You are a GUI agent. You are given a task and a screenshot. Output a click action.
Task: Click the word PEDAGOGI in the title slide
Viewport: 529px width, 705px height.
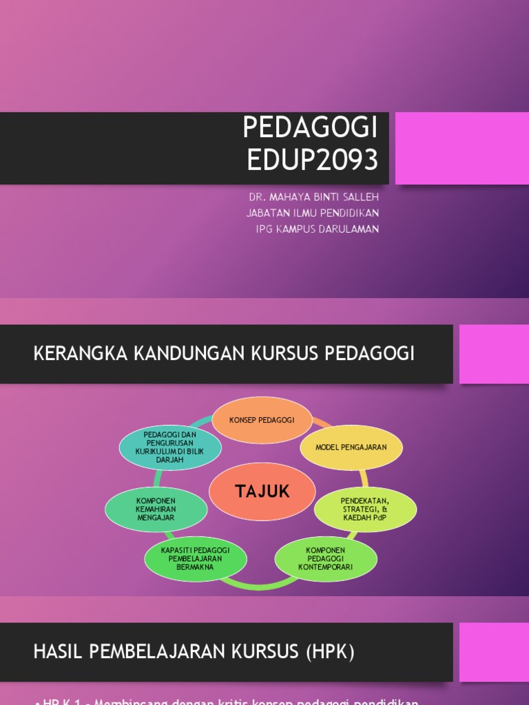[311, 128]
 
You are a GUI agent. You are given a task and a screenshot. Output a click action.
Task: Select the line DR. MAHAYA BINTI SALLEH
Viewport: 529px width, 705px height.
[313, 197]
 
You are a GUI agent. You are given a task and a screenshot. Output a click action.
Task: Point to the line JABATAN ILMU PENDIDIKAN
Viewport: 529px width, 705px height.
[312, 213]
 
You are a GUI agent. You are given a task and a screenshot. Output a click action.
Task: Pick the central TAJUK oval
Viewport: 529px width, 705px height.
[262, 492]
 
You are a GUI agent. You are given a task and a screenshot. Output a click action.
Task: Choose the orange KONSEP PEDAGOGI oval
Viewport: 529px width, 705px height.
[262, 420]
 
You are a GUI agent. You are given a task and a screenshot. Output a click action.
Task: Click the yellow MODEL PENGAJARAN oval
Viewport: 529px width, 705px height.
[351, 447]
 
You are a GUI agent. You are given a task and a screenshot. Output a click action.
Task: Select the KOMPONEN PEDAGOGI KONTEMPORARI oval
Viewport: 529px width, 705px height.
[326, 558]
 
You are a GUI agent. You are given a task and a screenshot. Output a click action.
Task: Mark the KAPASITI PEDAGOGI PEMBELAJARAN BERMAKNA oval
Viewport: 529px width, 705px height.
[195, 558]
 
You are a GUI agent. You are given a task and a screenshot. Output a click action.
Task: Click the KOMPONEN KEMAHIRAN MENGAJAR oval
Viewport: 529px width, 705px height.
[156, 509]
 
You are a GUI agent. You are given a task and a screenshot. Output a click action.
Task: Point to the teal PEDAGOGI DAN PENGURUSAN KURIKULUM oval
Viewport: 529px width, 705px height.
[170, 448]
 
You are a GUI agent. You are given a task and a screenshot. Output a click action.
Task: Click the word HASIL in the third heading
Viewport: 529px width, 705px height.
[56, 652]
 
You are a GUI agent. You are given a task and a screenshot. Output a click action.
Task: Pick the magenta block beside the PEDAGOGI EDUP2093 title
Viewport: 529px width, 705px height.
[461, 148]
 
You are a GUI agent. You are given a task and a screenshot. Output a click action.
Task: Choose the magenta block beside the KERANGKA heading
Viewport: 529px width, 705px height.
[494, 354]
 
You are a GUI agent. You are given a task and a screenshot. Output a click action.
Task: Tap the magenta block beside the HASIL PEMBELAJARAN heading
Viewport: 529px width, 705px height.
[494, 652]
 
